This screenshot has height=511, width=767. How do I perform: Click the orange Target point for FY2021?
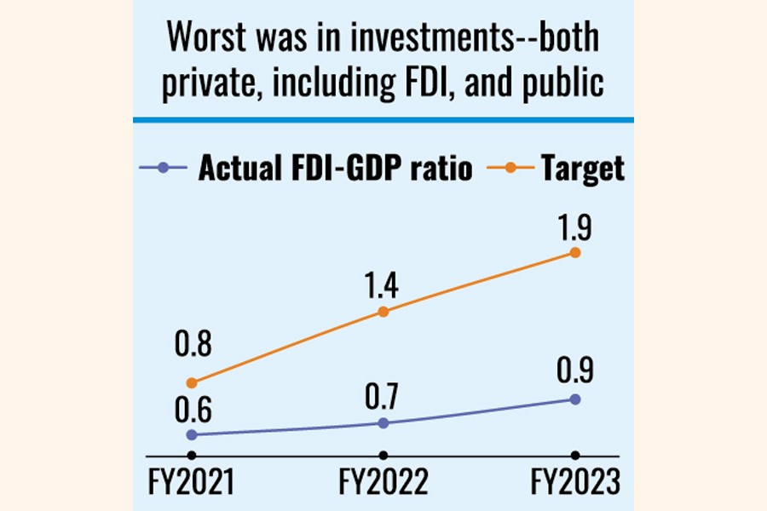192,382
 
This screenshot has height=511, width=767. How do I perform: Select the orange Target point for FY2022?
383,312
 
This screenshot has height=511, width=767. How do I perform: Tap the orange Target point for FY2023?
575,253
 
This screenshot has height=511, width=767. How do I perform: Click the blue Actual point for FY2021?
192,435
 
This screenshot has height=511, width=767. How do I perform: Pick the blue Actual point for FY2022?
383,423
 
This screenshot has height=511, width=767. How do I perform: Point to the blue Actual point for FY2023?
575,399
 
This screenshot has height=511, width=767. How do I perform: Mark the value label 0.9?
575,372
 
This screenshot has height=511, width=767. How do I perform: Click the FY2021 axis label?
192,483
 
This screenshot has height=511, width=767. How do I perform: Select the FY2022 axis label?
383,483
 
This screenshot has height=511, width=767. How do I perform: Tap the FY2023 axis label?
575,483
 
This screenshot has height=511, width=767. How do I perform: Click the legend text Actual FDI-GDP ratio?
335,169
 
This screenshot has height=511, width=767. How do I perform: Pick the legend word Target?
582,169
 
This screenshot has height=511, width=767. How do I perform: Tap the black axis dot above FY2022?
383,456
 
